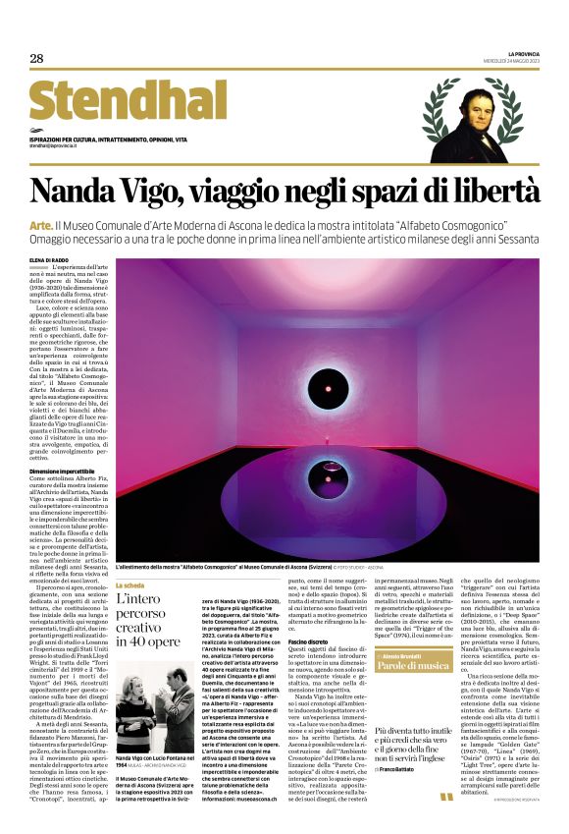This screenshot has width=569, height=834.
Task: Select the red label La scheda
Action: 130,584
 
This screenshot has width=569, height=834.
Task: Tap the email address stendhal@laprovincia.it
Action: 60,145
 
